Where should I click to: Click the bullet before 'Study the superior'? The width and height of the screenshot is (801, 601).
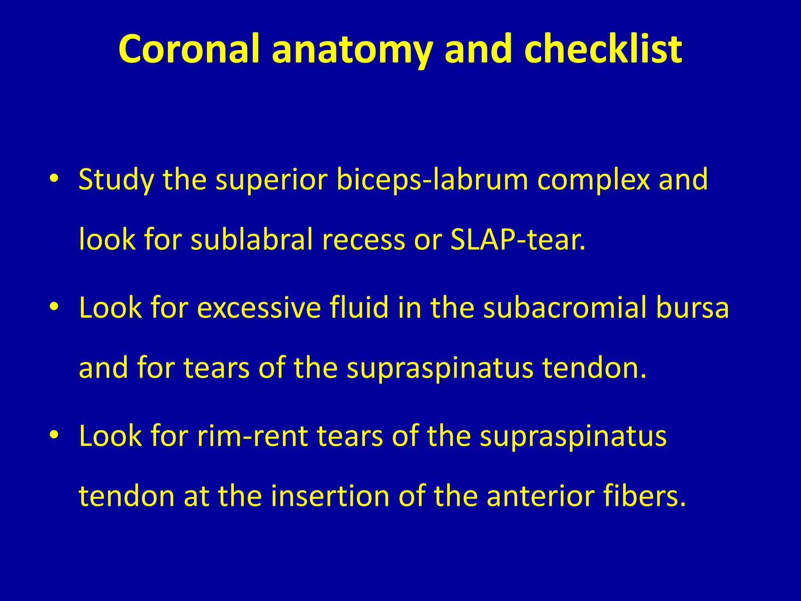(x=54, y=179)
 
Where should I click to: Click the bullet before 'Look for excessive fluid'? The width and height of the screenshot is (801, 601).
(x=54, y=307)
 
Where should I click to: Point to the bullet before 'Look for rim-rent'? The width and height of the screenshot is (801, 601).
(x=54, y=435)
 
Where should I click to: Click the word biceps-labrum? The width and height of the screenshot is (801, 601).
(x=432, y=180)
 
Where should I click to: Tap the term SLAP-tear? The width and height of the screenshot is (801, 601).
(x=518, y=239)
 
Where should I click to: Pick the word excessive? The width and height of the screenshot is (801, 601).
(x=259, y=308)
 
